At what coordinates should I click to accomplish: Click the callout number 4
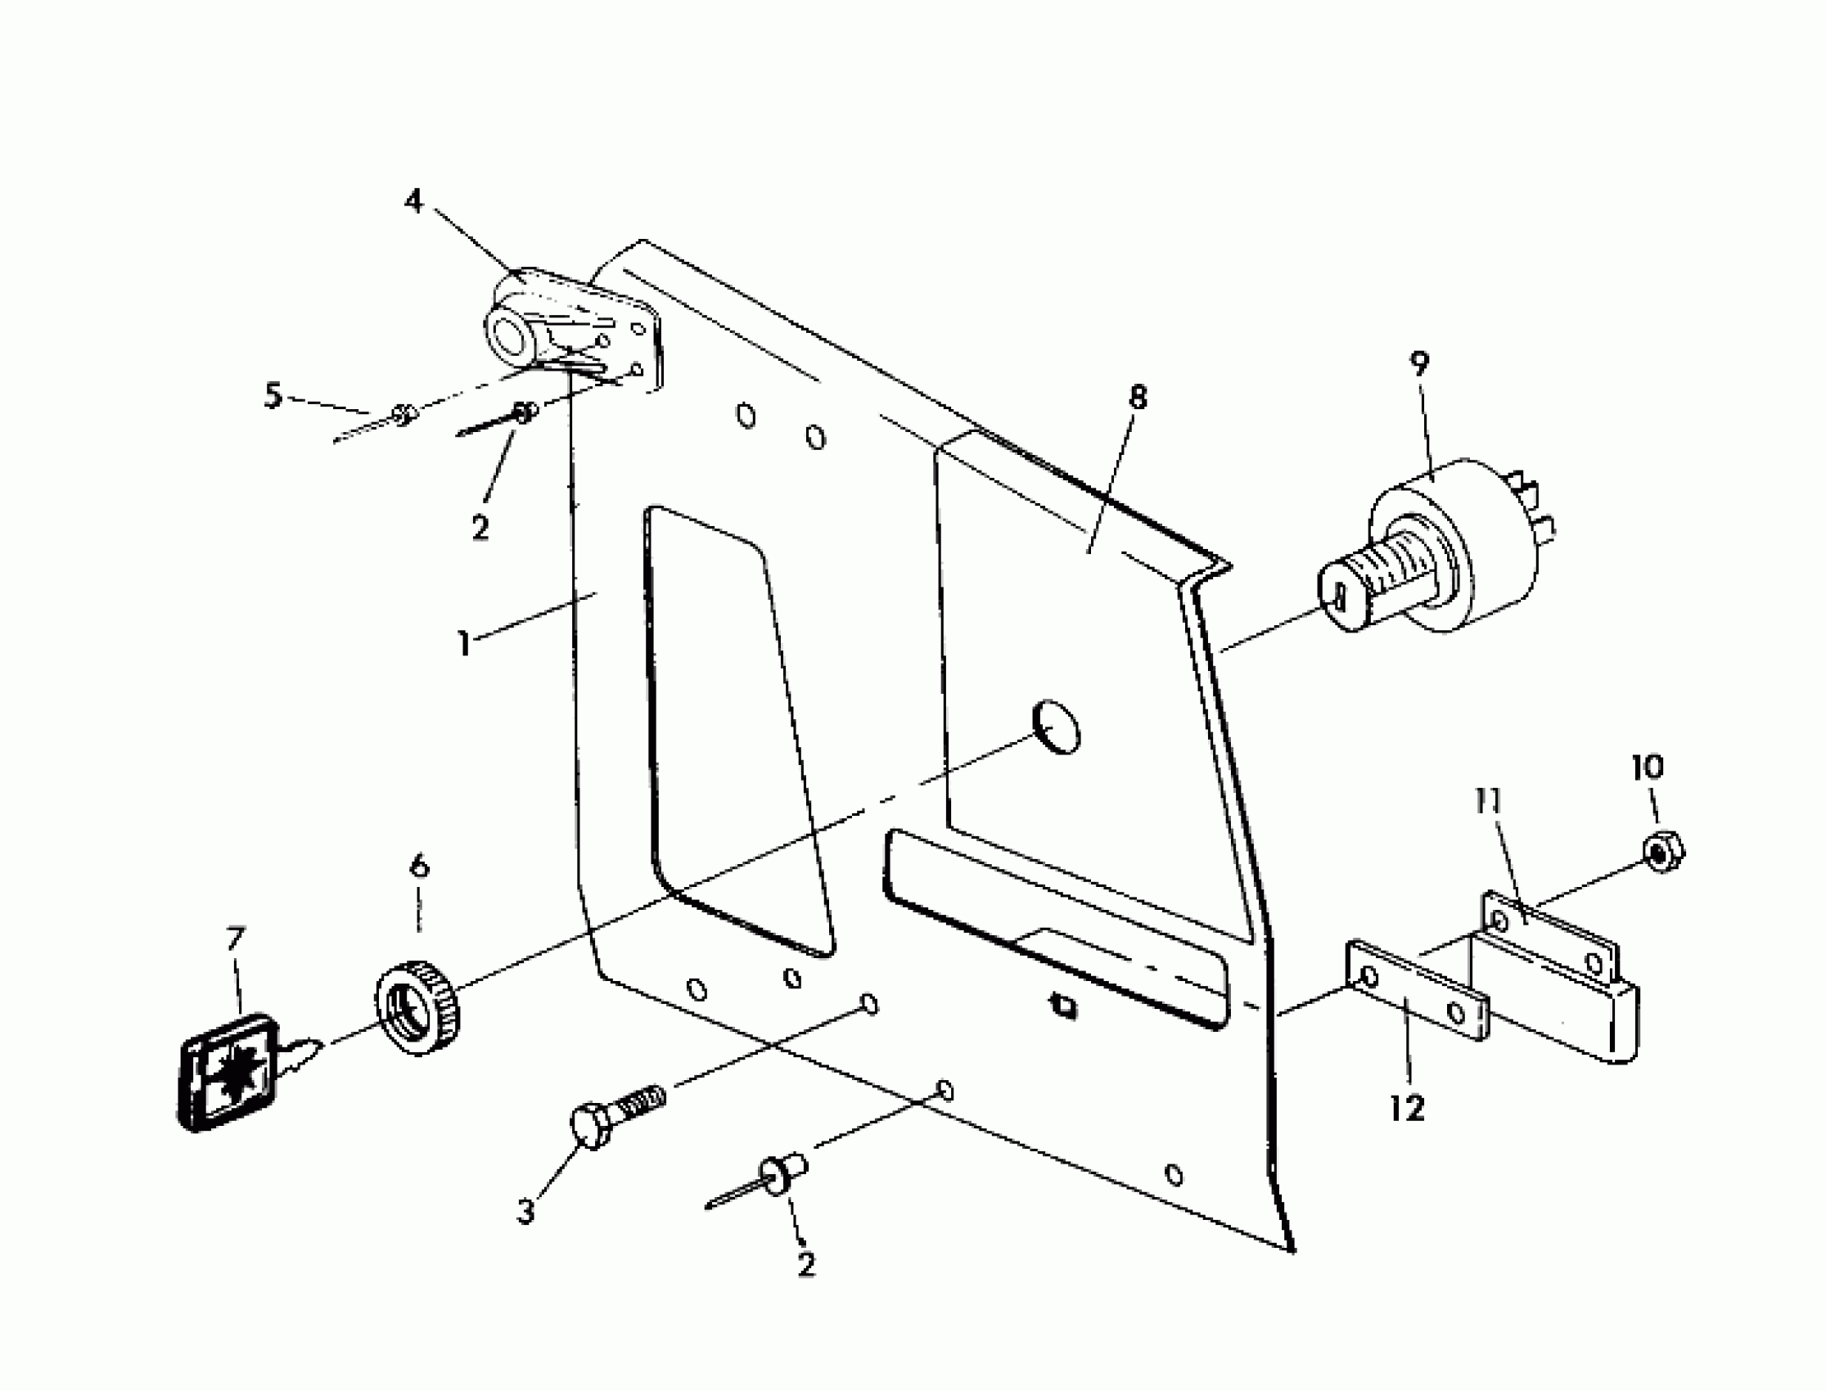[413, 200]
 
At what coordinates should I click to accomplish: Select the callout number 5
[273, 395]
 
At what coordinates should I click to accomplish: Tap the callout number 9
[1419, 364]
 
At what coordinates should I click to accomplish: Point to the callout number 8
[1138, 398]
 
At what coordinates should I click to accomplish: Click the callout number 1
[466, 643]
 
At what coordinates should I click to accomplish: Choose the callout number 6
[420, 867]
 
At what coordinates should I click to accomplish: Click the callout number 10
[1647, 767]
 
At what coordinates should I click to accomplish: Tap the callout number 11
[1488, 802]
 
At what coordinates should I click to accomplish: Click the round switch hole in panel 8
[1057, 726]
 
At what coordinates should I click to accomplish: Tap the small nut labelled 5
[403, 413]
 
